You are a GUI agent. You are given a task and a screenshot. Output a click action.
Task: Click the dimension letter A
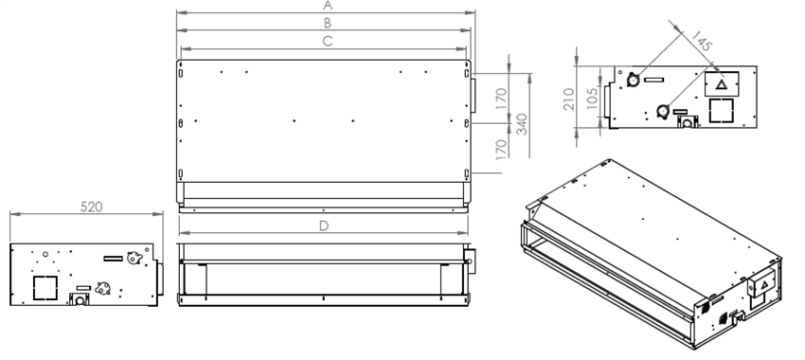pos(328,6)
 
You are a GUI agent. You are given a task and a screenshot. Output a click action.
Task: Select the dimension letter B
pos(327,23)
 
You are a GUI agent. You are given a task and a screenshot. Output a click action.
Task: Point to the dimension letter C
pos(328,42)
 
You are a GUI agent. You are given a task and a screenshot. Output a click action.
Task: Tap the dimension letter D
pos(324,226)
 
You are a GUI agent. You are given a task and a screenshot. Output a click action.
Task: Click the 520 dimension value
pos(91,207)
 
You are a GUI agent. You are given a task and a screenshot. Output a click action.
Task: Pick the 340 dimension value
pos(522,124)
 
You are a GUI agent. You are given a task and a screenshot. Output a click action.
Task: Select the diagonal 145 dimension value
pos(701,41)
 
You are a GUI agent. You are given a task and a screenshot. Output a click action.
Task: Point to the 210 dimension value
pos(569,99)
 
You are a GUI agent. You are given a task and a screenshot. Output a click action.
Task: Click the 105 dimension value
pos(592,99)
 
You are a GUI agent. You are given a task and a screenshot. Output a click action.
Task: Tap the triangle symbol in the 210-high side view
pos(722,84)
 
